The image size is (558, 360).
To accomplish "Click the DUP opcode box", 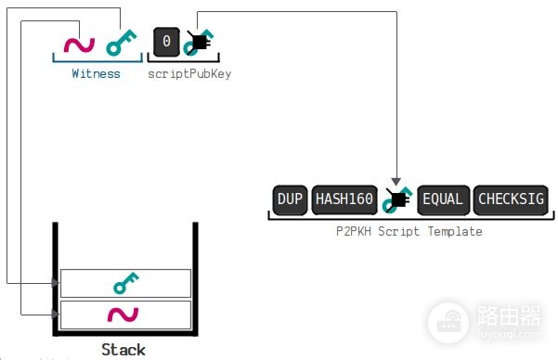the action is [290, 199].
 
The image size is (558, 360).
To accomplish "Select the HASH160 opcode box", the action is [344, 199].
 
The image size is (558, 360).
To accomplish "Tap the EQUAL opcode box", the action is [443, 199].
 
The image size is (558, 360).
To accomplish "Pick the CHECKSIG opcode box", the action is [511, 199].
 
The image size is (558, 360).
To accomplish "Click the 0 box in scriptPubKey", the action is [166, 42].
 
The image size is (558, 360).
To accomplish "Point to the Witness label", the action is [96, 73].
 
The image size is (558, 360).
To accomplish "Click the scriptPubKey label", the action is [189, 74].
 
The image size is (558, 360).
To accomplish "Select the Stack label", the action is [123, 349].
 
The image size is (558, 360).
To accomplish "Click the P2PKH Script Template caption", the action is [409, 231].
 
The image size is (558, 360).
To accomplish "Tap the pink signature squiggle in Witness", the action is [79, 45].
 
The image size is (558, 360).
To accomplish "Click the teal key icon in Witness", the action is [121, 43].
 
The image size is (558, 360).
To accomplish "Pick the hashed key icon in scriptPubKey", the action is [199, 43].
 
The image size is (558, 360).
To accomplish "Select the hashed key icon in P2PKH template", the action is [396, 199].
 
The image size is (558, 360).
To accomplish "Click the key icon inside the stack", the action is [126, 283].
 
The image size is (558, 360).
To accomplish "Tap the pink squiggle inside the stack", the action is [123, 315].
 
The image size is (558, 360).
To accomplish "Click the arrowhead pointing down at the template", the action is [396, 182].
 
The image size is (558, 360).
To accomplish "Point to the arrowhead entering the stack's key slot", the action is [56, 283].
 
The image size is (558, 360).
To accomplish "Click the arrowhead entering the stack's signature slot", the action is [56, 315].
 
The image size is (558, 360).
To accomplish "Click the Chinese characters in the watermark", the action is [509, 315].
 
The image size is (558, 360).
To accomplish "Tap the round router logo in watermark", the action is [448, 323].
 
